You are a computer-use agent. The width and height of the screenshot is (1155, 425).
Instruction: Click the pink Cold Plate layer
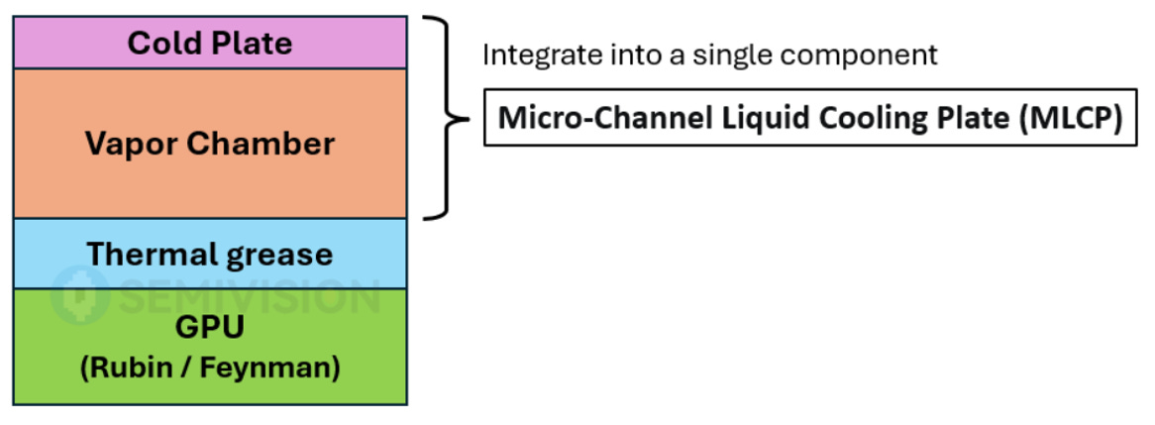click(x=210, y=43)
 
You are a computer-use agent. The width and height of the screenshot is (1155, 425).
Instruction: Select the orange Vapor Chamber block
click(x=210, y=144)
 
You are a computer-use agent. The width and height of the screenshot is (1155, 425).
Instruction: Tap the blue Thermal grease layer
click(x=210, y=254)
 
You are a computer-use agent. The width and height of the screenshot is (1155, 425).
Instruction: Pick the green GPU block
click(x=210, y=346)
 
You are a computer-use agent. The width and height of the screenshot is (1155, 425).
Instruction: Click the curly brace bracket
click(x=447, y=118)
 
